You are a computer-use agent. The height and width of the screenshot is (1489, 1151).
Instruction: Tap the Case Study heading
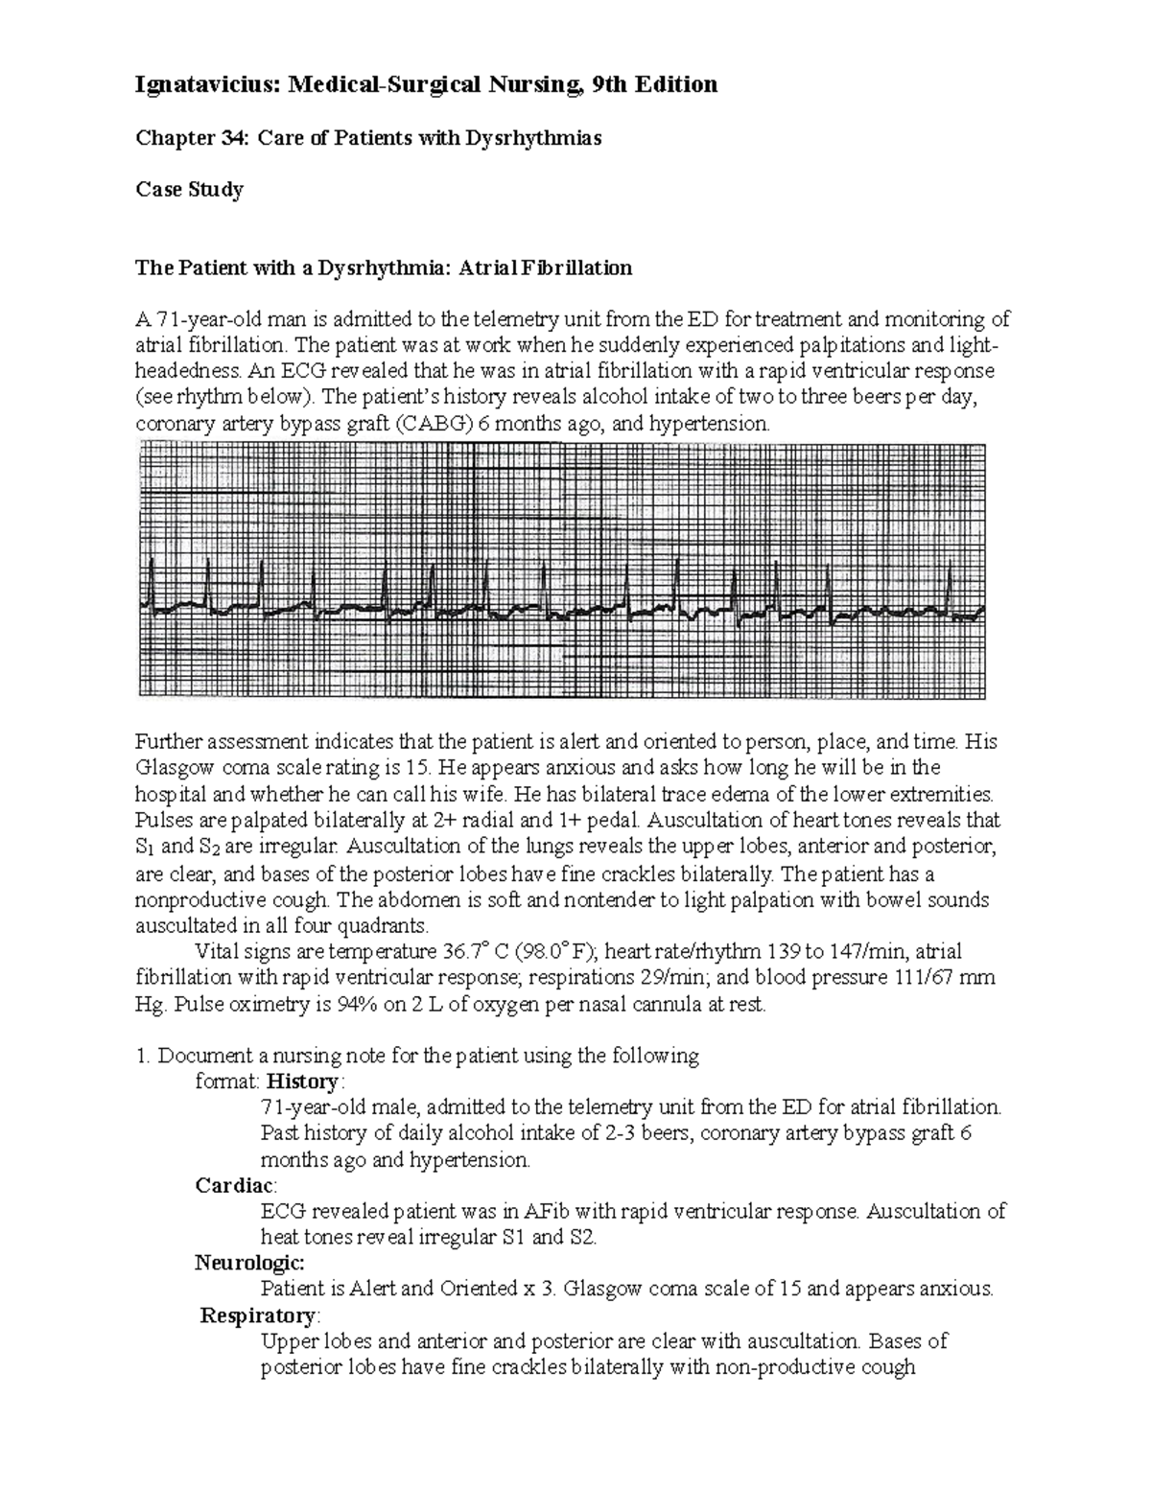click(x=189, y=189)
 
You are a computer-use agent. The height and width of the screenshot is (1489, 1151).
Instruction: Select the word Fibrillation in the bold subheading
click(x=575, y=268)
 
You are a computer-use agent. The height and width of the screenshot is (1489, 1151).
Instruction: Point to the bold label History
click(x=302, y=1082)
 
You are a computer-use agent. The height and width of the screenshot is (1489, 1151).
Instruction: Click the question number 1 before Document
click(x=142, y=1056)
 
